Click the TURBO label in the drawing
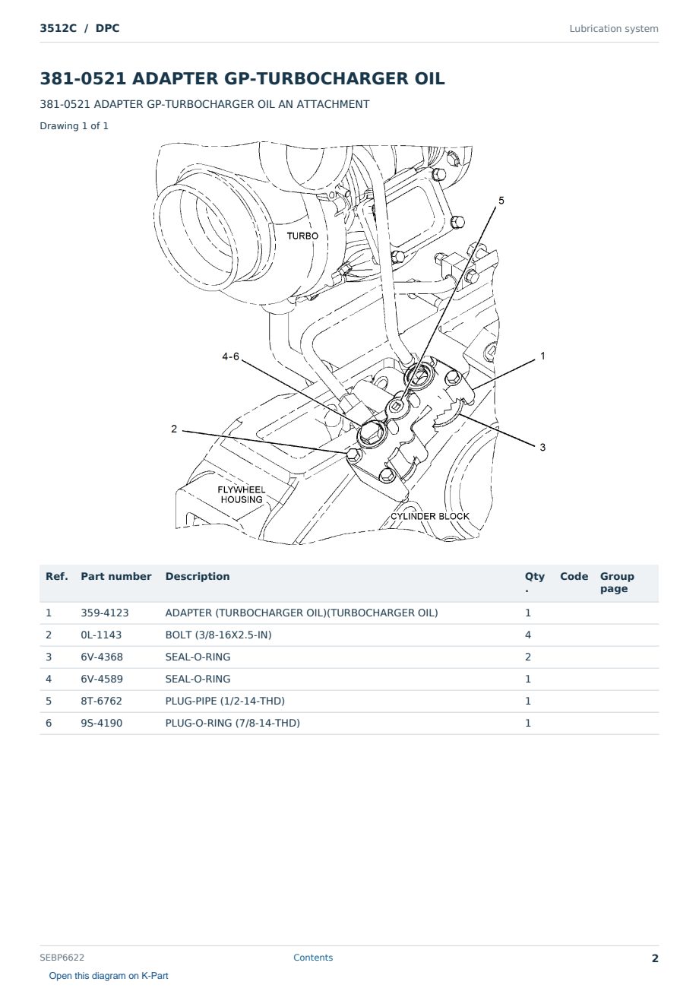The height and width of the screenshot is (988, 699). point(302,236)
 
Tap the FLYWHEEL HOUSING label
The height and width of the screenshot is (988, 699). point(242,495)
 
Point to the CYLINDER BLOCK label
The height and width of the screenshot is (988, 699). point(430,516)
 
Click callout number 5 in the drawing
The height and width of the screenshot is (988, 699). point(501,201)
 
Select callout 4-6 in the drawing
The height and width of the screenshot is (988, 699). point(231,356)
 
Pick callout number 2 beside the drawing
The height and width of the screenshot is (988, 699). point(174,429)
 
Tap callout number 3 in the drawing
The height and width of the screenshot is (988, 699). point(543,447)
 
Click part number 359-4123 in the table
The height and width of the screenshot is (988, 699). point(105,613)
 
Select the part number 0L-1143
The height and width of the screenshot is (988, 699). point(101,635)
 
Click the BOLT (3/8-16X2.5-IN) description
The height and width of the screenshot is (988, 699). point(218,635)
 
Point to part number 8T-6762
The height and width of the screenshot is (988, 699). point(102,701)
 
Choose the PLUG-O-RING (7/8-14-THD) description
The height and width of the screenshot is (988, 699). point(232,723)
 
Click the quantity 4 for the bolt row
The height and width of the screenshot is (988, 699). point(528,635)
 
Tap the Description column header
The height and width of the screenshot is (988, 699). point(198,576)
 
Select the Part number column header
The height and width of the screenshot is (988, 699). point(116,576)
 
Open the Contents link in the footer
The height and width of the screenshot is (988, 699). point(313,958)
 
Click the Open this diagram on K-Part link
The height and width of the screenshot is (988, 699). point(109,976)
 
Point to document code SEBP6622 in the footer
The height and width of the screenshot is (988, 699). point(62,958)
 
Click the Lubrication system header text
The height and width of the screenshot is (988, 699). point(614,29)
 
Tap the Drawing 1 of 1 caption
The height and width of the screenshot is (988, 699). point(74,126)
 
